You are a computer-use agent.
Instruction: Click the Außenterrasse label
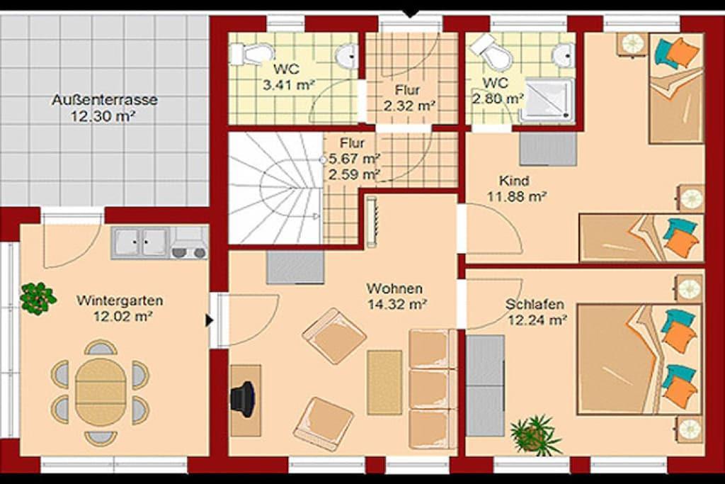(x=105, y=99)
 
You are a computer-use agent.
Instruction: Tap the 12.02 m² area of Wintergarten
(x=123, y=317)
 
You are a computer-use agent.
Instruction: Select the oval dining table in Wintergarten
(x=101, y=393)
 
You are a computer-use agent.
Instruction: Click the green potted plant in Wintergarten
(x=38, y=298)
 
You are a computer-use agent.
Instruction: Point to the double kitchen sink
(x=140, y=242)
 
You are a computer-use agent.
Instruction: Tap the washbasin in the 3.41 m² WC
(x=347, y=56)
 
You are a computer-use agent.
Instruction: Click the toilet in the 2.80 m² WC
(x=492, y=51)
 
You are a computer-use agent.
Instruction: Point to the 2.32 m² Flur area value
(x=410, y=106)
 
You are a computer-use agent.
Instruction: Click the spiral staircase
(x=275, y=188)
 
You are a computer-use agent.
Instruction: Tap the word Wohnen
(x=394, y=288)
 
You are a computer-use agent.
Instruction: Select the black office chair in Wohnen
(x=243, y=399)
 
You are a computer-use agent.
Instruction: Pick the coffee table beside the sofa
(x=384, y=382)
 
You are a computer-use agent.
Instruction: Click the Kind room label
(x=514, y=181)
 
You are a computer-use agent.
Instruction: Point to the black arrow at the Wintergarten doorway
(x=210, y=320)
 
